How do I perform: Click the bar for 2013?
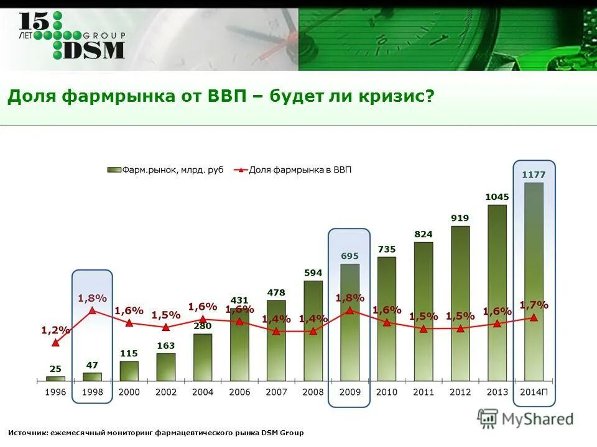[x=497, y=292]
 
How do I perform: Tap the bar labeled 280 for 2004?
[x=203, y=357]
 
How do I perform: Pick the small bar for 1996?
[x=55, y=378]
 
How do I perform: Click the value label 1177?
[x=534, y=175]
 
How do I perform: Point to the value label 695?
[x=349, y=256]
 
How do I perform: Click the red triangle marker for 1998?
[x=92, y=310]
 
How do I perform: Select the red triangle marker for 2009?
[x=349, y=310]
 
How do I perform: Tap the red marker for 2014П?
[x=534, y=317]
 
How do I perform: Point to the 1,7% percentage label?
[x=534, y=305]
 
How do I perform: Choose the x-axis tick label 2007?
[x=276, y=392]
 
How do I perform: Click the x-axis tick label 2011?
[x=423, y=392]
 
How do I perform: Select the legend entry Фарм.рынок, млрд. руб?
[x=165, y=169]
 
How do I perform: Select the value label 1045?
[x=497, y=197]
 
